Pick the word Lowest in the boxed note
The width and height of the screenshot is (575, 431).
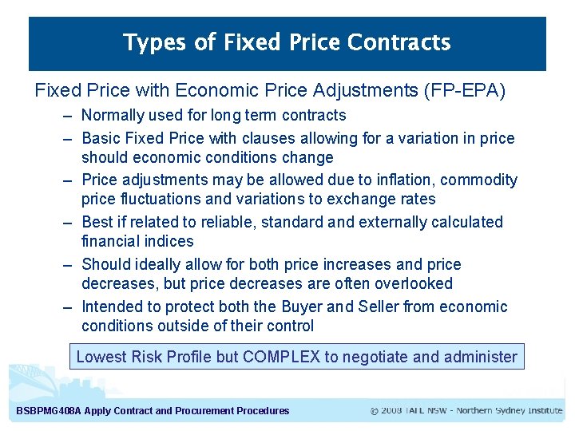pyautogui.click(x=101, y=357)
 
